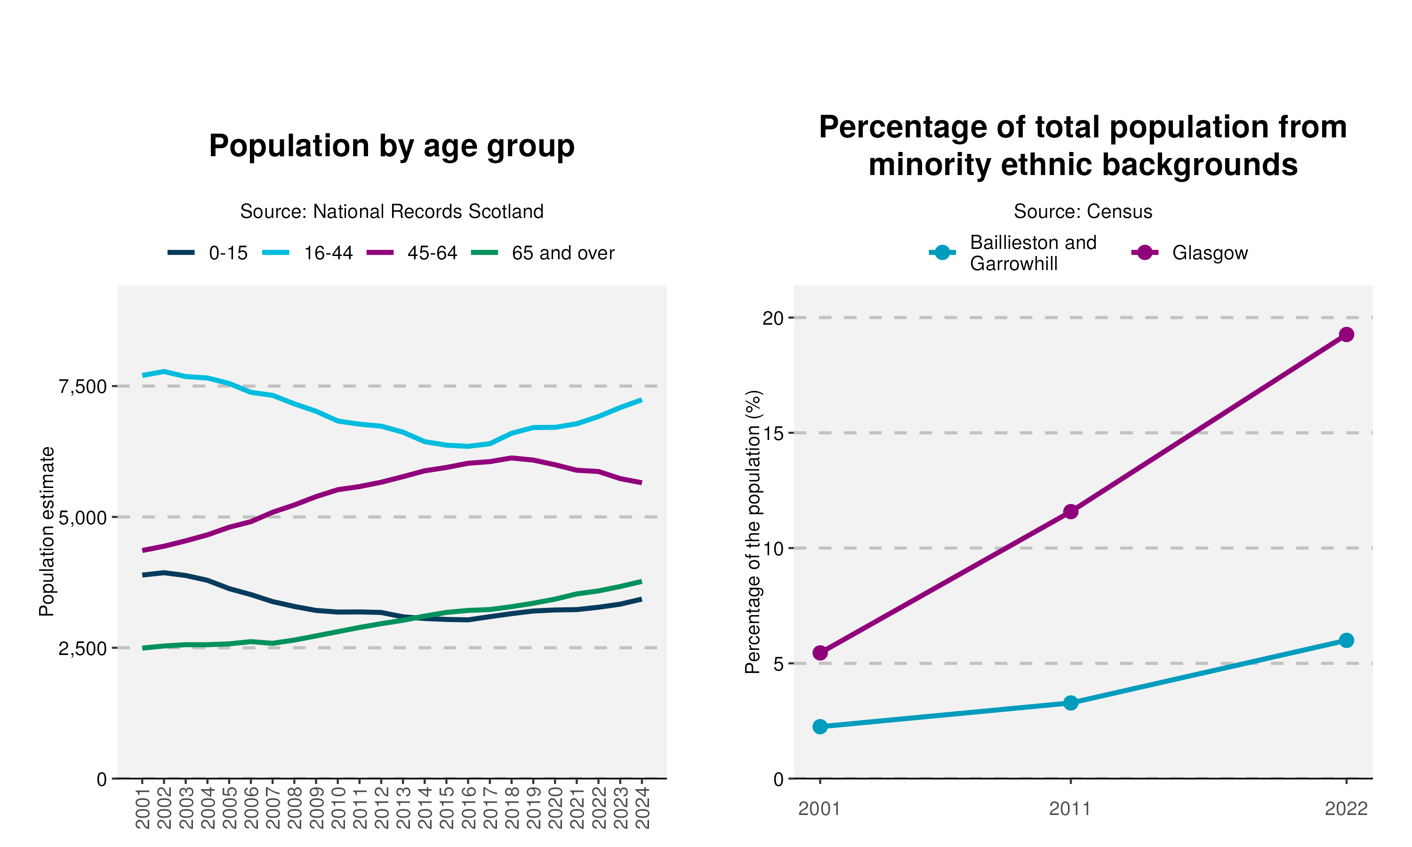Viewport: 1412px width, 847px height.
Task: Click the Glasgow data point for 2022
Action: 1346,335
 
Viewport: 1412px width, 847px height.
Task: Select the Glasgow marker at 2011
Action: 1071,511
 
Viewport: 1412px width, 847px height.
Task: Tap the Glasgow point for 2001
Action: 820,652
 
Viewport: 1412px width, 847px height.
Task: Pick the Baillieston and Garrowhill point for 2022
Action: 1346,640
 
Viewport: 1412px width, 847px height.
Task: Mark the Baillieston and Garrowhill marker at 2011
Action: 1071,703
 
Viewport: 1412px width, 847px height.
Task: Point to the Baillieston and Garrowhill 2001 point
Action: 820,727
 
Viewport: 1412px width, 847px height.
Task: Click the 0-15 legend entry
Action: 208,253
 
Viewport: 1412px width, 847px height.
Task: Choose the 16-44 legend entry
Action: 308,253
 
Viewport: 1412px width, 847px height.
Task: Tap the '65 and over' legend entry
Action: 543,253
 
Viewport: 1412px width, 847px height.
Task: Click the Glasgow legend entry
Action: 1189,253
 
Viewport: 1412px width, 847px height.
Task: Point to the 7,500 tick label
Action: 83,386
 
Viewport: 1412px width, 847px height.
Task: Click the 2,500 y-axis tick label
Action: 83,648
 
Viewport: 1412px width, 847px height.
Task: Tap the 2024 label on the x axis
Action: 642,807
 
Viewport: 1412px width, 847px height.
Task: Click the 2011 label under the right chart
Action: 1070,809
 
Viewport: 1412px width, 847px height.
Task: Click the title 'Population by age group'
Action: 392,146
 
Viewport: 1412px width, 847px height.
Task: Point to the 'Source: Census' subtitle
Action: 1083,211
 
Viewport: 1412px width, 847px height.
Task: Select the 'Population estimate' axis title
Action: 47,531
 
